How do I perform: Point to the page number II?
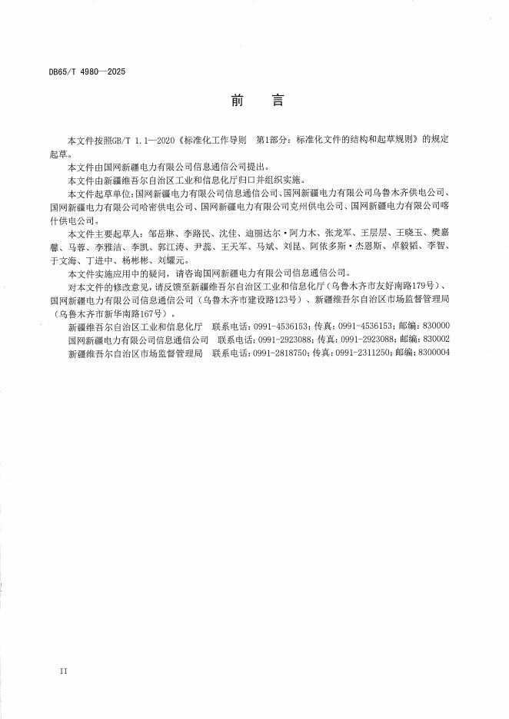63,671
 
